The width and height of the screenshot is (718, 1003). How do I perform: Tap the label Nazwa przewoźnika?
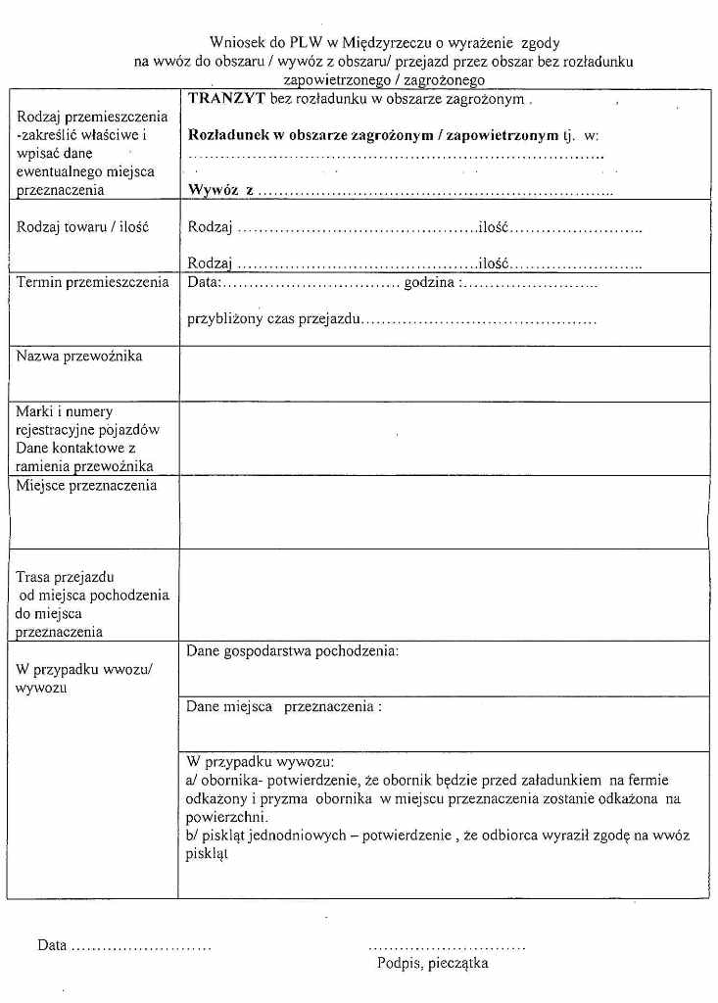tap(79, 357)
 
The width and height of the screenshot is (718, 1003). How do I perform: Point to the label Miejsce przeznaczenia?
tap(86, 486)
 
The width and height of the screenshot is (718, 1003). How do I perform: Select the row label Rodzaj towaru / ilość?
tap(83, 227)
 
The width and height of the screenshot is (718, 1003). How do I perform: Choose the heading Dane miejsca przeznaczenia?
tap(283, 705)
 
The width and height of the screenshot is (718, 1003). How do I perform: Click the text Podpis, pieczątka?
tap(433, 963)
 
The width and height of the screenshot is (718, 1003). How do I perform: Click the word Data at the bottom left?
tap(52, 945)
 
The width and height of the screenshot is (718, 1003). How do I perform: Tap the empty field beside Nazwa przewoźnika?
tap(444, 373)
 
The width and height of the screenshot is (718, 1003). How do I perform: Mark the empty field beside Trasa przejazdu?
tap(444, 595)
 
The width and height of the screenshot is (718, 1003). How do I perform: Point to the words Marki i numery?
tap(65, 411)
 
